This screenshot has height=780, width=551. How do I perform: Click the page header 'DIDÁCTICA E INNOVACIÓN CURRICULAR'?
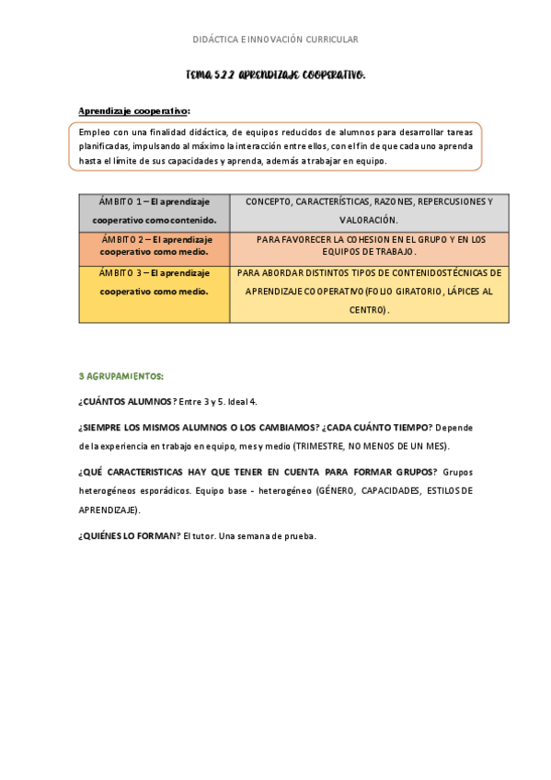(275, 40)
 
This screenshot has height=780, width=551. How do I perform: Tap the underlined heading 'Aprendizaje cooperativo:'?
(134, 111)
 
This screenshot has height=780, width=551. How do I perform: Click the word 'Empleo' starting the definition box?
(95, 132)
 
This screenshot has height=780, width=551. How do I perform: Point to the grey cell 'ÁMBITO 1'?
(154, 211)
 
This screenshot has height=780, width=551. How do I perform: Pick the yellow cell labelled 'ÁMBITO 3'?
(154, 281)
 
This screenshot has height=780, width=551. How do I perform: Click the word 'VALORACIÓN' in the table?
(369, 220)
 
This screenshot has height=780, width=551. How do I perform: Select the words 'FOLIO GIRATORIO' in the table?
(408, 291)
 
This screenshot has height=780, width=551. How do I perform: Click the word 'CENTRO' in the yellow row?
(366, 310)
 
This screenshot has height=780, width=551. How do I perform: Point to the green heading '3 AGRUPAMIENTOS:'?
(121, 376)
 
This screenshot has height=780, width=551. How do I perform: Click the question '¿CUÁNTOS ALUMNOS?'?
(125, 402)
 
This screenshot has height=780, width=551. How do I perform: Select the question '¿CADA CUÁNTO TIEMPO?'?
(377, 428)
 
